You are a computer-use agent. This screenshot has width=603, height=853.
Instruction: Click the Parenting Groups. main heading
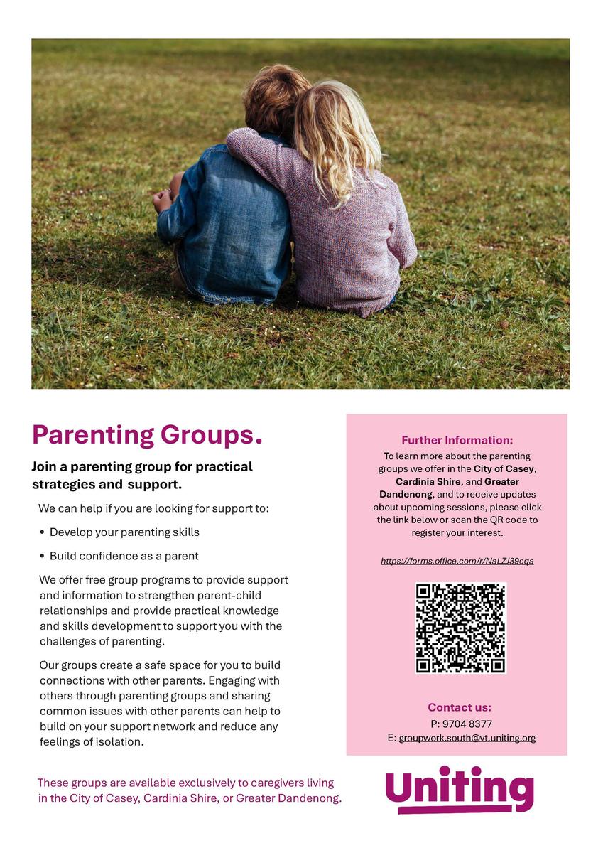147,434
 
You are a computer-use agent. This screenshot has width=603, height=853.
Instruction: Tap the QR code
460,628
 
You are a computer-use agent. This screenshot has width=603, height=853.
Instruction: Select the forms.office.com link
457,561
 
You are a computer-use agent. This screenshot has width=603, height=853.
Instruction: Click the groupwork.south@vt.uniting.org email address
467,738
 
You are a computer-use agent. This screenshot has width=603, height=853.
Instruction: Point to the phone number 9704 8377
466,724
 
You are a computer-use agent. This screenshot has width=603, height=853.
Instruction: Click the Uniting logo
459,790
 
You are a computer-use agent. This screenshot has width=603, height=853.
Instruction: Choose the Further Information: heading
457,440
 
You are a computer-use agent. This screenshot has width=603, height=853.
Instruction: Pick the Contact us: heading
459,707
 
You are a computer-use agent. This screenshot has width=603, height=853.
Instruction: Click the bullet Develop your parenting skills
124,532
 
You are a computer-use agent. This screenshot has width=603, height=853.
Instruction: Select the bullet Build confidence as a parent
124,556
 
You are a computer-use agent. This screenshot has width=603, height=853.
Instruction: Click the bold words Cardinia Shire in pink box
428,481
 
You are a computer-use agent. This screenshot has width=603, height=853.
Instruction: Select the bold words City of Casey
504,469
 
